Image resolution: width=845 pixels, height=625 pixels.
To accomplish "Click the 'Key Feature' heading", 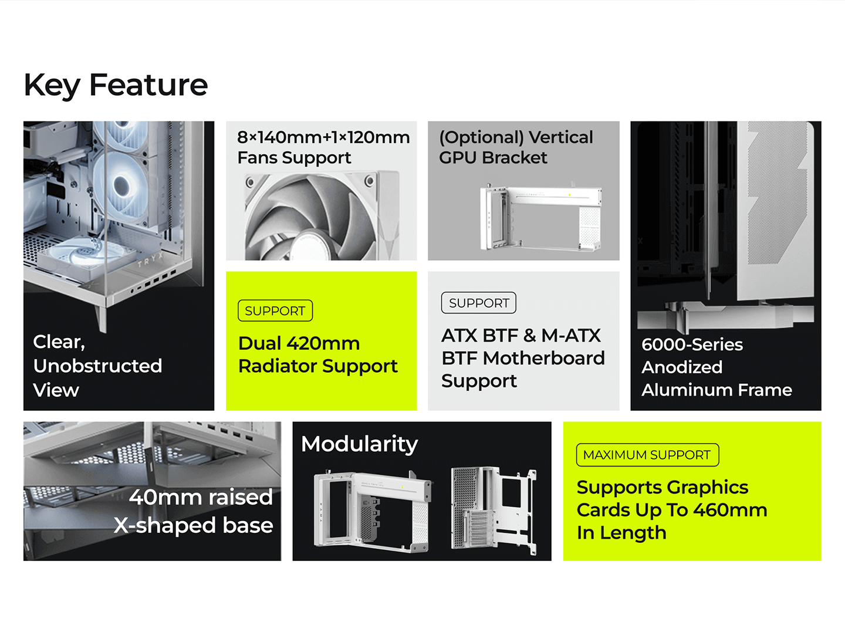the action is point(116,85).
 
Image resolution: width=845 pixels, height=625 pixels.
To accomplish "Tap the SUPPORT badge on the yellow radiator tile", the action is point(275,310).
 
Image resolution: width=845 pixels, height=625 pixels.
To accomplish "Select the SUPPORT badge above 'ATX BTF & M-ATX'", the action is point(478,303).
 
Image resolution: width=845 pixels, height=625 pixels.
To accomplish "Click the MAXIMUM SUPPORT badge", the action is point(647,455).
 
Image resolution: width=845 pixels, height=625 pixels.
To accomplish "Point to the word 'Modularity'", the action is point(359,445).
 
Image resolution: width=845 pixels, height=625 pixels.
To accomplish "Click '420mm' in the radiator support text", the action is point(323,343).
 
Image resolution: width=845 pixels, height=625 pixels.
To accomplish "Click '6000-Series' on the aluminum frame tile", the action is point(692,344).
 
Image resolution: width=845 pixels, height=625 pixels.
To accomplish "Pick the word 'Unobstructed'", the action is point(97,366).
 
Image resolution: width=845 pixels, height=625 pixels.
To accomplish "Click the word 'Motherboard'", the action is point(543,358).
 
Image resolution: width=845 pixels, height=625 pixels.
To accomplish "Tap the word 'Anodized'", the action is point(682,367).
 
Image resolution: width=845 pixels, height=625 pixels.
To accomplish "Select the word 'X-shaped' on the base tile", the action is point(166,526).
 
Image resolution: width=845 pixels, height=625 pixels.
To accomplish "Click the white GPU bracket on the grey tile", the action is point(541,217).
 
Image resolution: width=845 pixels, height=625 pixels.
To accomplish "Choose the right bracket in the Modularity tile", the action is point(494,510).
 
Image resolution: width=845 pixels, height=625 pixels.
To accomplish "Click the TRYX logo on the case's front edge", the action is point(150,261).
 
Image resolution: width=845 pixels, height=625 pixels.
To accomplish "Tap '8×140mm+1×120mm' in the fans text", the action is point(323,137).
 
